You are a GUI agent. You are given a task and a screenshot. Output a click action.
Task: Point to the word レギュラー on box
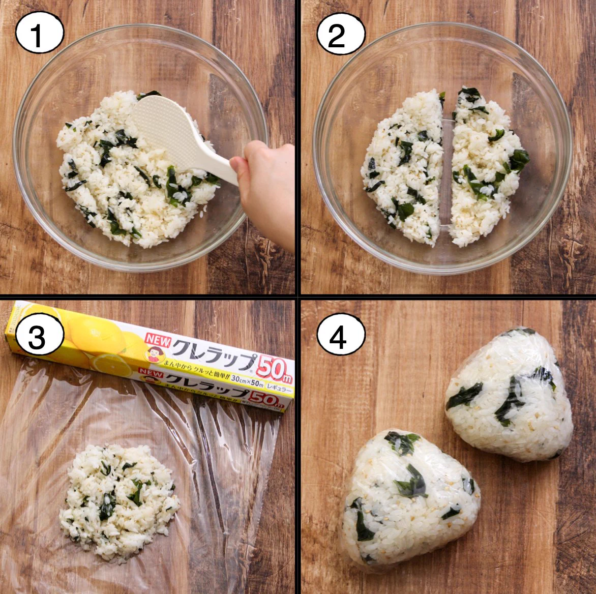pos(279,389)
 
